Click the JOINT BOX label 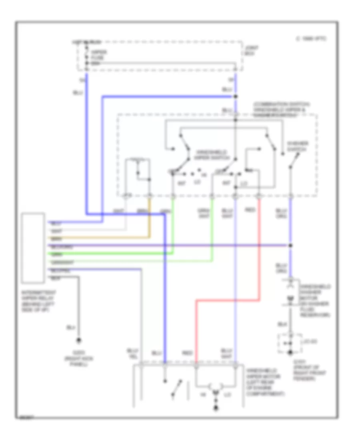coord(252,50)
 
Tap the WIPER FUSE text coord(97,55)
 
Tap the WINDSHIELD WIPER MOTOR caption coord(266,382)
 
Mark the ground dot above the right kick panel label coord(78,341)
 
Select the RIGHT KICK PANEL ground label coord(78,352)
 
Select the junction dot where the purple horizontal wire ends coord(291,245)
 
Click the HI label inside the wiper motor coord(204,394)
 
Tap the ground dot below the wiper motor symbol coord(216,408)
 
